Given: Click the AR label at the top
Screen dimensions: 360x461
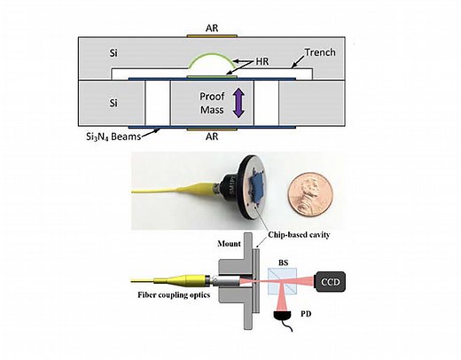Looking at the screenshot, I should [x=204, y=28].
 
